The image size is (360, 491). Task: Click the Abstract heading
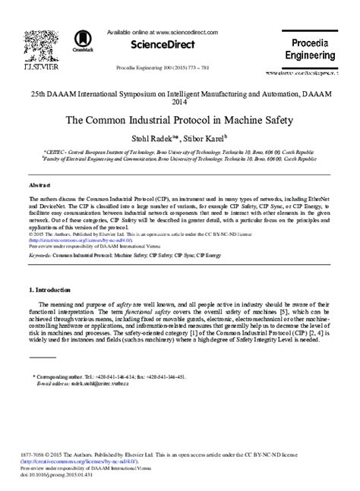point(39,184)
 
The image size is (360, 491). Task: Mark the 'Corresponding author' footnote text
point(67,376)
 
